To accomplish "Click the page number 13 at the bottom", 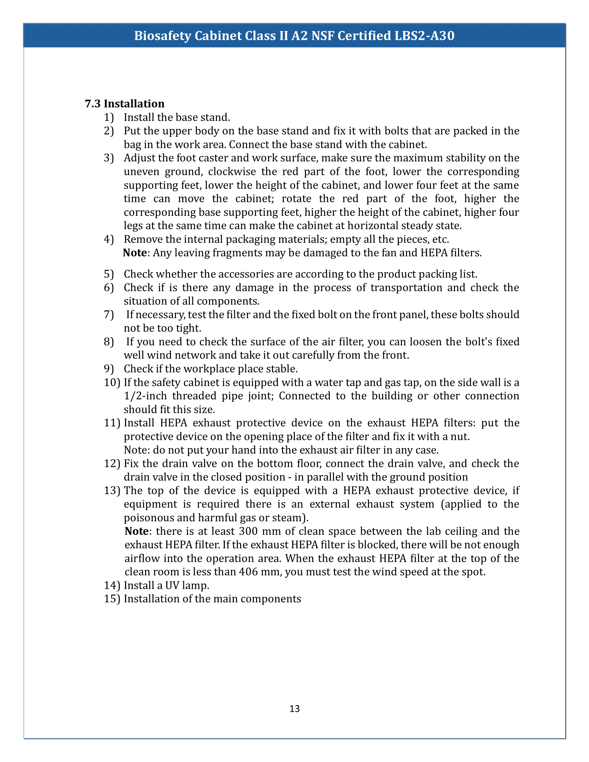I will point(294,709).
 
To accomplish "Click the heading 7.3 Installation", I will point(125,104).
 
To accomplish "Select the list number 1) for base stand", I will point(109,117).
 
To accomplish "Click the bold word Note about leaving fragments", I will point(135,252).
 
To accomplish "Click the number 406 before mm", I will point(248,572).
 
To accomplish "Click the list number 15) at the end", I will point(112,599).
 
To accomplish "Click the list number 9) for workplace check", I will point(109,369).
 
